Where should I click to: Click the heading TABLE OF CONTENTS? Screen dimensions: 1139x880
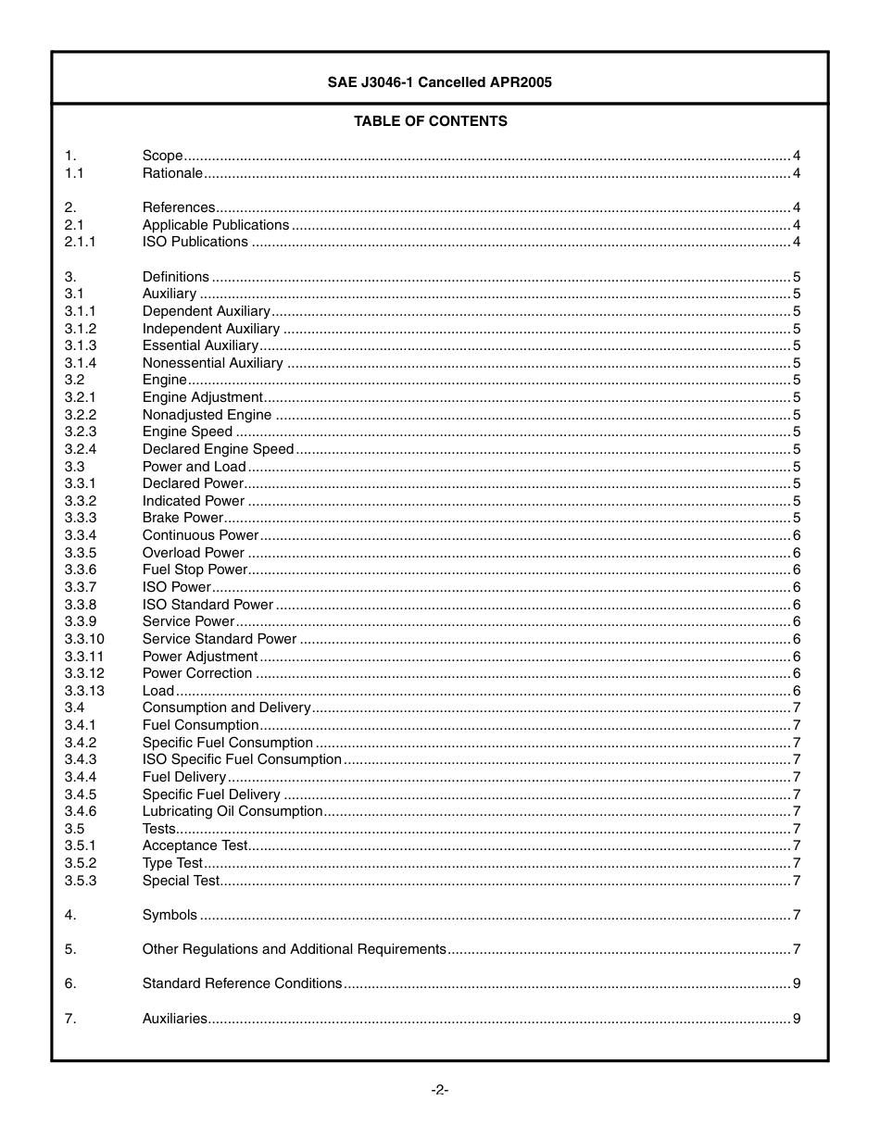(430, 121)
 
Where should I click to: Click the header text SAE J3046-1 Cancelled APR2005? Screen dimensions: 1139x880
(439, 82)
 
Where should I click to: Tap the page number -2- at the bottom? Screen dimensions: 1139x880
(439, 1090)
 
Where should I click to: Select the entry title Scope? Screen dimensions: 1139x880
(162, 156)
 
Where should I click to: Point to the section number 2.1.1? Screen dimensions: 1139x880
(80, 242)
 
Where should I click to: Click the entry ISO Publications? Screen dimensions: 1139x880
(195, 242)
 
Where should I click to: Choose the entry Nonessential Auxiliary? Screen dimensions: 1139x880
(212, 363)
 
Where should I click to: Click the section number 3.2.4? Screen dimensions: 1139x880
(80, 449)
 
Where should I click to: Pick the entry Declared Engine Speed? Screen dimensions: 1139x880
(218, 449)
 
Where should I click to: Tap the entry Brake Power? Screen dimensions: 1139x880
(182, 518)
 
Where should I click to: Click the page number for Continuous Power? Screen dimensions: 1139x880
(797, 535)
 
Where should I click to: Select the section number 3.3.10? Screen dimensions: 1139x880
(84, 639)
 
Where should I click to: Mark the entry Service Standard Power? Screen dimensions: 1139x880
(220, 639)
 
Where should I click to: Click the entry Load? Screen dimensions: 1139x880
(157, 691)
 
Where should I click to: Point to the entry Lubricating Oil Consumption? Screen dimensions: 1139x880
(233, 811)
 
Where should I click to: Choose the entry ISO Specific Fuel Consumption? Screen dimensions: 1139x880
(242, 759)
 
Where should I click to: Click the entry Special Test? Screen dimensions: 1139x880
(181, 881)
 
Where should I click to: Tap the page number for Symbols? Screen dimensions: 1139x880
(797, 915)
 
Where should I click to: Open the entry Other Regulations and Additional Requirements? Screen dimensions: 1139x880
(294, 949)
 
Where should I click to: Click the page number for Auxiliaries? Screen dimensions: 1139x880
(797, 1019)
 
